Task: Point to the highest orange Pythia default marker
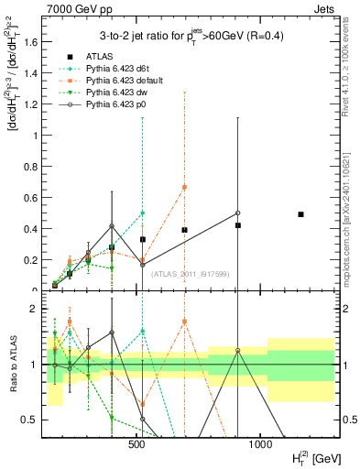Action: coord(184,187)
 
